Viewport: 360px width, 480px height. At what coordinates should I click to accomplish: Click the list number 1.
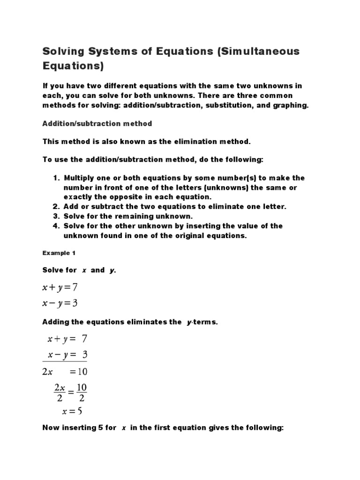[x=55, y=178]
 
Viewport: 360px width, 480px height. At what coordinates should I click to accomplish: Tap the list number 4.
[x=55, y=226]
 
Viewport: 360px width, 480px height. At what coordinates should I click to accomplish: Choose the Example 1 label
[x=59, y=253]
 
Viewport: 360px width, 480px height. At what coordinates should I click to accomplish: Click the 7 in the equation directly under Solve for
[x=75, y=286]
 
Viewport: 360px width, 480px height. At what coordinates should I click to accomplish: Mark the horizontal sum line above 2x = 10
[x=65, y=361]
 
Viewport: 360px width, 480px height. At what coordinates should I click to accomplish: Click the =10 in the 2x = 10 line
[x=77, y=372]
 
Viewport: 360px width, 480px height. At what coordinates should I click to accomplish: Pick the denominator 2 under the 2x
[x=59, y=399]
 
